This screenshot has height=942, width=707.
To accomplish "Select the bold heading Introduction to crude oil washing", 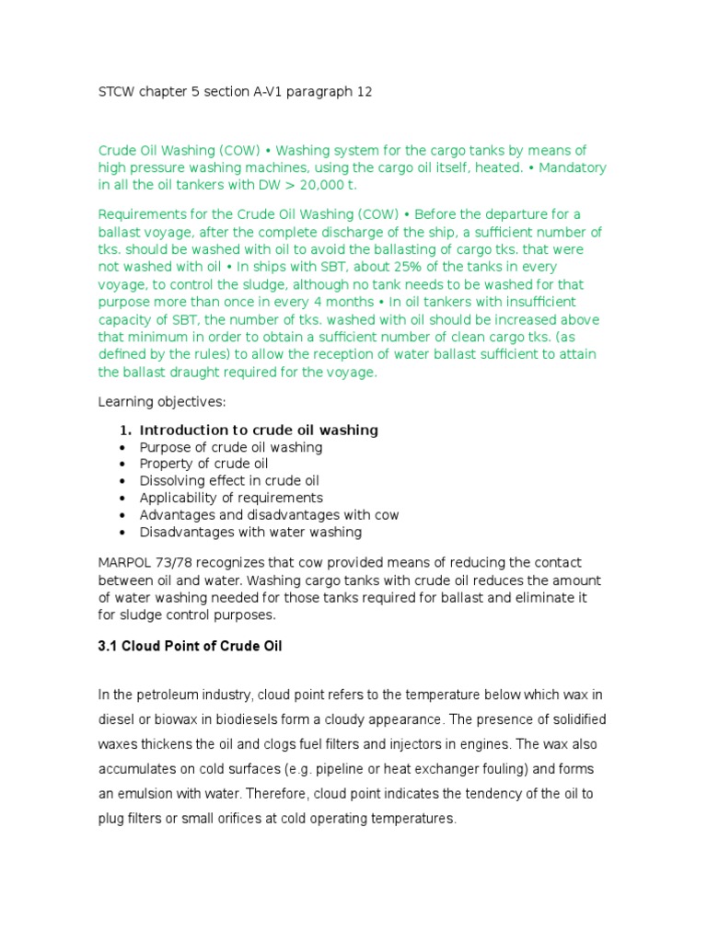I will point(258,431).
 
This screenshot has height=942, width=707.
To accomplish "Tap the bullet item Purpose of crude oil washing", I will point(230,447).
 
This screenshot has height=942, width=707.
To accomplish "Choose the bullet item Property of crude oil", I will point(203,464).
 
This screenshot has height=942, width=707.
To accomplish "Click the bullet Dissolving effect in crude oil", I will point(229,481).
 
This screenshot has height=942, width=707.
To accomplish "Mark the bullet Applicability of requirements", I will point(231,498).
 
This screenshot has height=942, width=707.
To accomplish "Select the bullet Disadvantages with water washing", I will point(250,532).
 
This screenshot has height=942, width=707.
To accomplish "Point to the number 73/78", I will point(183,562).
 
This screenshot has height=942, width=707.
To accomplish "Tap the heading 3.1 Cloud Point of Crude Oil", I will point(190,647).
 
